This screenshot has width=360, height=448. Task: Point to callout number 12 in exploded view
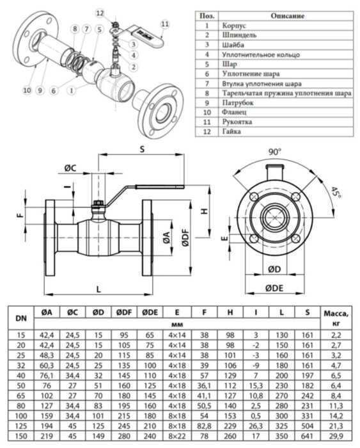point(99,12)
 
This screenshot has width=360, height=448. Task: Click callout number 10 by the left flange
point(27,90)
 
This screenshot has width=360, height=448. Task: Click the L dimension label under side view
point(98,289)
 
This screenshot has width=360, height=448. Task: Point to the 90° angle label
point(275,152)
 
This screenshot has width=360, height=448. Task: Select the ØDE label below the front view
point(274,289)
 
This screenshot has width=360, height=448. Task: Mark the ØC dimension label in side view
point(70,168)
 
